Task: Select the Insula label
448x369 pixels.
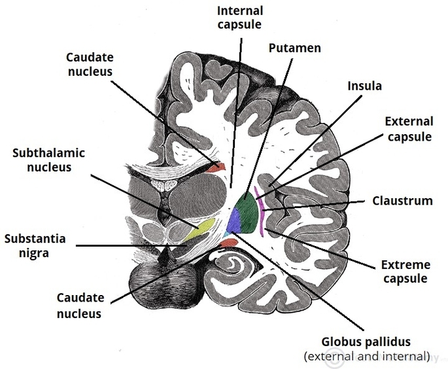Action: [364, 86]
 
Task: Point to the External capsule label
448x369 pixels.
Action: [409, 129]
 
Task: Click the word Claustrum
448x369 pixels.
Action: [403, 201]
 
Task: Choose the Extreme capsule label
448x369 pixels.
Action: [405, 272]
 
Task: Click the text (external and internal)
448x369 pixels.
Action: [366, 357]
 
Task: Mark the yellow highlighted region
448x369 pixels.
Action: [201, 230]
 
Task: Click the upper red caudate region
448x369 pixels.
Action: [220, 166]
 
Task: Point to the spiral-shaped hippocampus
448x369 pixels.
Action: [232, 265]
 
